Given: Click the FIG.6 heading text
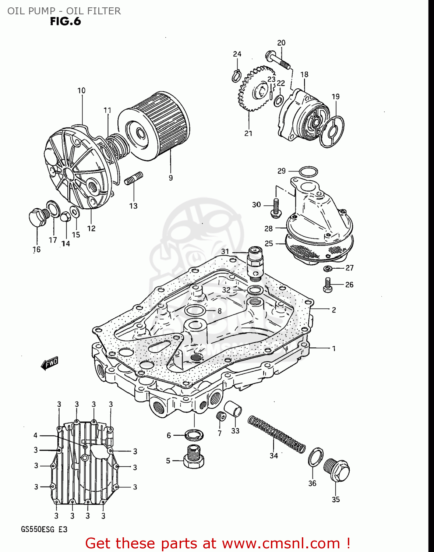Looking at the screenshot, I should tap(65, 21).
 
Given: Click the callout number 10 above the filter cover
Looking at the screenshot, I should tap(81, 91).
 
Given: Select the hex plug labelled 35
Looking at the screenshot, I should tap(336, 470).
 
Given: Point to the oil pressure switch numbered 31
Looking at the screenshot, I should tap(255, 262).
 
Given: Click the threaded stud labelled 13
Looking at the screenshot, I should tap(134, 178).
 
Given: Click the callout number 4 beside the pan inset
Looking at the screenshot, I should tap(35, 435).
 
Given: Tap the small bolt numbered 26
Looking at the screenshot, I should tap(327, 285).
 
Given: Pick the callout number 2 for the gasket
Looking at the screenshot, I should tap(334, 310).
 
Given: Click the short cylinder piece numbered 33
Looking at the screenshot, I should tap(233, 408).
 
